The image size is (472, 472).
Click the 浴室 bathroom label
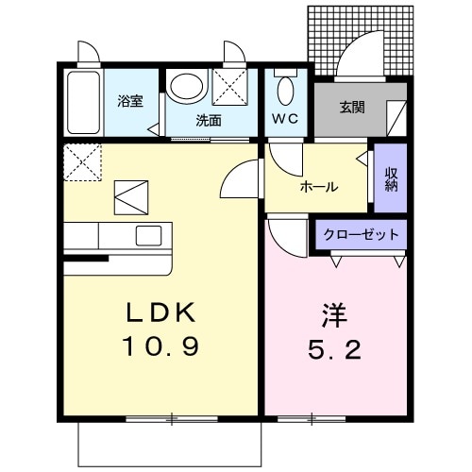click(130, 101)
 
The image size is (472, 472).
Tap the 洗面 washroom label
click(209, 120)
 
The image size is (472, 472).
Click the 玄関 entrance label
click(353, 106)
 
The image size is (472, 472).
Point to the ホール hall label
click(319, 187)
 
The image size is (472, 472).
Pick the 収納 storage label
click(391, 178)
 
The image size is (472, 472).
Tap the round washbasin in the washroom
click(187, 88)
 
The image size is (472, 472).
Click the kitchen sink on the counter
click(149, 235)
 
